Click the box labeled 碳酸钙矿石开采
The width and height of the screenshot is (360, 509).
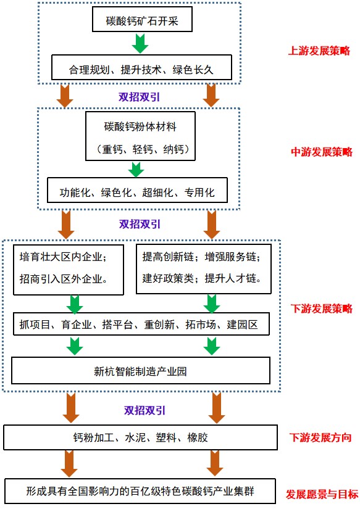tap(142, 19)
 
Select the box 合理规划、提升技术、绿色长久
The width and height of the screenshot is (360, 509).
tap(141, 67)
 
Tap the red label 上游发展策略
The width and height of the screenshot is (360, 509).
tap(319, 51)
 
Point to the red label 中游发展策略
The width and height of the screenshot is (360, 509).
tap(322, 152)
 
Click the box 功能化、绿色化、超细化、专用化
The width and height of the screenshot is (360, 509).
tap(137, 190)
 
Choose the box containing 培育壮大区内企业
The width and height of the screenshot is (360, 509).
tap(69, 270)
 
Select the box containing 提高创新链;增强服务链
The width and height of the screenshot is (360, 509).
tap(204, 269)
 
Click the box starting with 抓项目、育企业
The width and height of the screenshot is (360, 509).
tap(141, 324)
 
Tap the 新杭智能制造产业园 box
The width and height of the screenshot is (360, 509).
tap(141, 370)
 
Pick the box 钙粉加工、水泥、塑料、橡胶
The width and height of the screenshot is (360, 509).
tap(140, 437)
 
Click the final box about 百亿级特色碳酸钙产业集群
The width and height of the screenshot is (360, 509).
tap(140, 492)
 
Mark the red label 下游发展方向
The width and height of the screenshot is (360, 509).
tap(320, 437)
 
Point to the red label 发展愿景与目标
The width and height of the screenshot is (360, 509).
tap(322, 494)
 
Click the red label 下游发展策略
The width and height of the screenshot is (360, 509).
tap(322, 308)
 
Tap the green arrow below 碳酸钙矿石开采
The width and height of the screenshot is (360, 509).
tap(140, 43)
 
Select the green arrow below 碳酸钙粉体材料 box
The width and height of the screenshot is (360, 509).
tap(136, 170)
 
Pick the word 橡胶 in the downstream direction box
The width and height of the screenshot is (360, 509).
tap(198, 437)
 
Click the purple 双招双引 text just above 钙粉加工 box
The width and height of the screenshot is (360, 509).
tap(144, 410)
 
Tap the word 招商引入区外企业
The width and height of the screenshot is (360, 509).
tap(64, 278)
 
